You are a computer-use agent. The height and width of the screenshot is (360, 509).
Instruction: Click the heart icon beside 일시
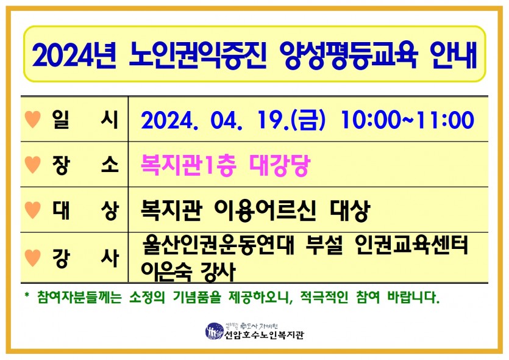33,119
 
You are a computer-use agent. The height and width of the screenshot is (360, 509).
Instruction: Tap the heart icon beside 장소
33,165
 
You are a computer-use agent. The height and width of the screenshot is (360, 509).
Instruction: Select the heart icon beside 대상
33,210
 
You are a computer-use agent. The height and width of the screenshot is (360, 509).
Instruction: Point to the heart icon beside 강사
33,258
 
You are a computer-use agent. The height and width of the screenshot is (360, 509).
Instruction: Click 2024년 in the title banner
74,56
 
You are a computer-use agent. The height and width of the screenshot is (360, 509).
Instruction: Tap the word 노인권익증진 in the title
198,56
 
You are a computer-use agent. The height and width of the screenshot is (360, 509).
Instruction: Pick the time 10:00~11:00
407,120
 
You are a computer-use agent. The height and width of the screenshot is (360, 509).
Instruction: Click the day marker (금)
308,120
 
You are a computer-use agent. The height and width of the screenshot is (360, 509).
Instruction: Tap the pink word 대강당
280,165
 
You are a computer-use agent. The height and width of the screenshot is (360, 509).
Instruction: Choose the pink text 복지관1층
188,165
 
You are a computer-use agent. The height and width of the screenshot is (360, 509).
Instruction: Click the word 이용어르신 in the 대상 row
265,211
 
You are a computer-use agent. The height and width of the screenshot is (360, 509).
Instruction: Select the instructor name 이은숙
166,272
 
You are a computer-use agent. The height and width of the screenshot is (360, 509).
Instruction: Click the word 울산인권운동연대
218,245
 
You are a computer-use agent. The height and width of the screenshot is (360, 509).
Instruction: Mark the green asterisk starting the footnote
27,295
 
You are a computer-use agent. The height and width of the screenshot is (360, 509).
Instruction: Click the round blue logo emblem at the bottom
215,331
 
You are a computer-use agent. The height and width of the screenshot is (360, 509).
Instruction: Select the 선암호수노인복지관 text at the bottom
264,334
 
